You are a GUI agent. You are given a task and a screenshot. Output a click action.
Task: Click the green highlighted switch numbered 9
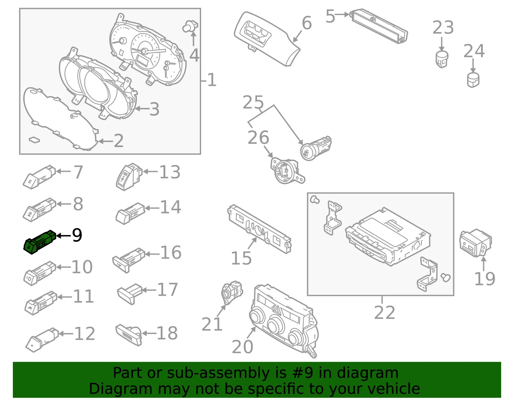click(40, 242)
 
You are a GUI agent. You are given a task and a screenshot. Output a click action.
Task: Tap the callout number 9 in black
click(77, 235)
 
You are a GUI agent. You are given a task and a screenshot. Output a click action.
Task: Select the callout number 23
click(443, 27)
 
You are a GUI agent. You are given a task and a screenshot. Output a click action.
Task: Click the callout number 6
click(307, 23)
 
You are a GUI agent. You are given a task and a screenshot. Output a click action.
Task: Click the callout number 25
click(253, 102)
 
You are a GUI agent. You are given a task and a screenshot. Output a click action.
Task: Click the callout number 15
click(241, 258)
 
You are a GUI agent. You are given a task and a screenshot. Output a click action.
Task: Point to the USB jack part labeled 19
click(475, 243)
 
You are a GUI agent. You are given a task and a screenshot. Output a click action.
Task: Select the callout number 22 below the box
click(385, 312)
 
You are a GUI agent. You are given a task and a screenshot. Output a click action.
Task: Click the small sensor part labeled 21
click(232, 292)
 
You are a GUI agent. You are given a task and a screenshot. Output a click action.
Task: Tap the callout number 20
click(243, 347)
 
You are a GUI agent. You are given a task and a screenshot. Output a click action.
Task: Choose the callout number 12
click(85, 334)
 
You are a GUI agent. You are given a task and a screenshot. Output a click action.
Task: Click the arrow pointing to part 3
click(142, 109)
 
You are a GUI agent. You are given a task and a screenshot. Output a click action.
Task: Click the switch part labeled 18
click(129, 334)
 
